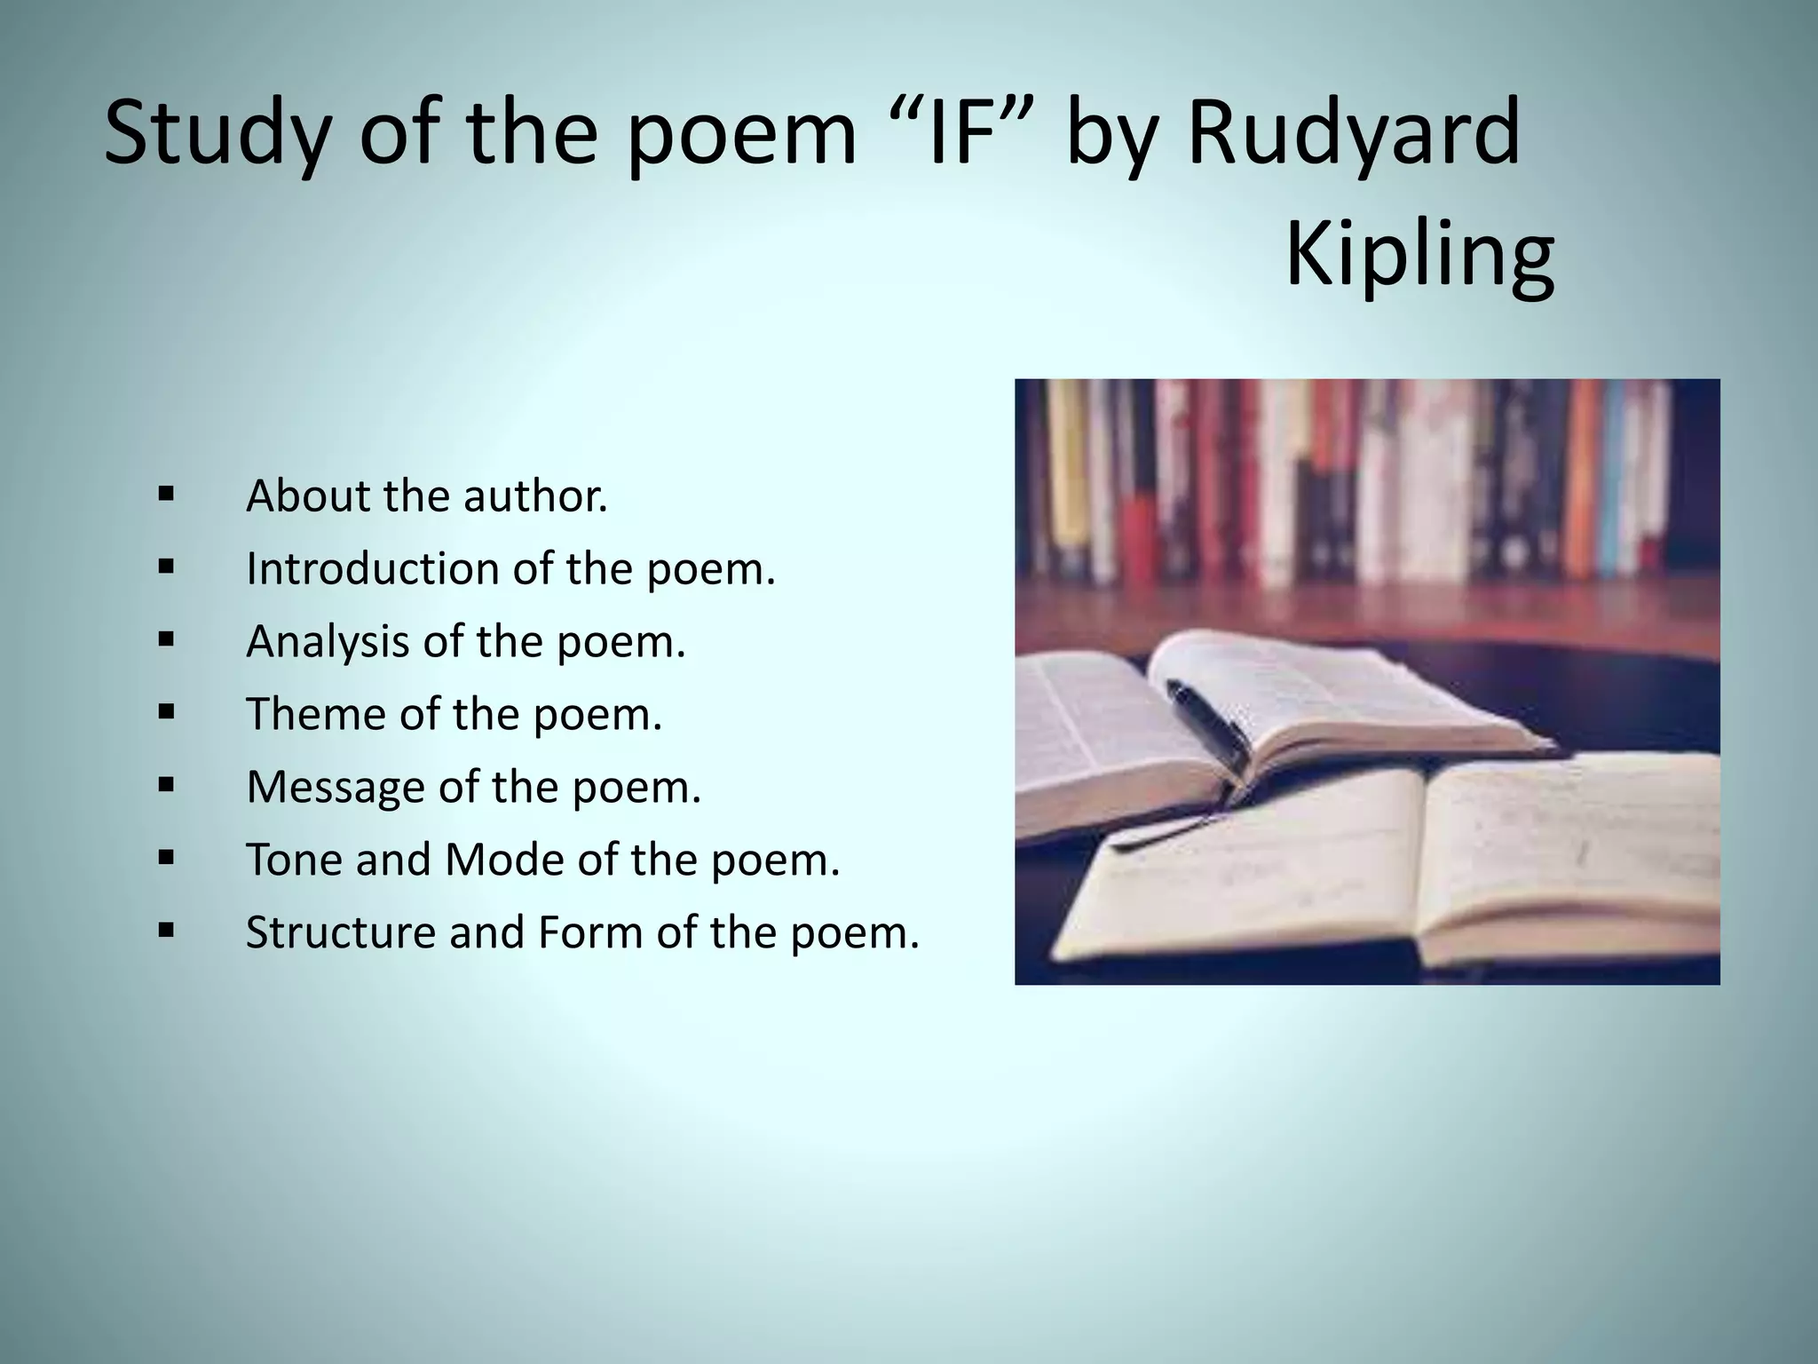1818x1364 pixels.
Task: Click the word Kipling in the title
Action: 1419,256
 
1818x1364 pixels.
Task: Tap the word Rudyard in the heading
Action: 1353,133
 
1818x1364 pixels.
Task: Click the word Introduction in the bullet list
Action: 370,568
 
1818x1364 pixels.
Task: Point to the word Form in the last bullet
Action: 589,932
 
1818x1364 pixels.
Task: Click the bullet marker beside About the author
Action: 165,494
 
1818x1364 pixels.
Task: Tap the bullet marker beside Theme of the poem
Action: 165,712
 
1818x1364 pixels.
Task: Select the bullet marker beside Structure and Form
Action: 165,931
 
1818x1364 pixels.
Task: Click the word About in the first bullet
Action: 305,496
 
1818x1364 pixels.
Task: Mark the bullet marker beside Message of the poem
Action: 165,785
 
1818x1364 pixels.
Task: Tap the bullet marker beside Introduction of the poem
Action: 165,567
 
